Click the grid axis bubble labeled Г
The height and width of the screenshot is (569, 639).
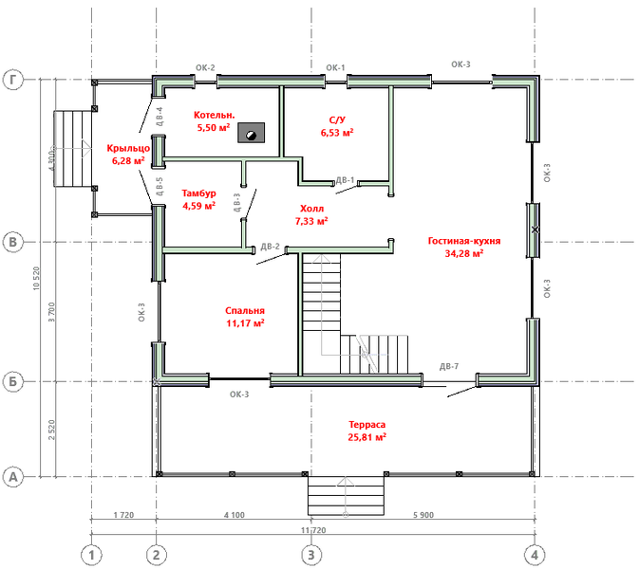(13, 81)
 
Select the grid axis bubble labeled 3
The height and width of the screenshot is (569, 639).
(309, 553)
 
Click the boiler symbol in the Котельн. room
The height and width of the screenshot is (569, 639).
(251, 133)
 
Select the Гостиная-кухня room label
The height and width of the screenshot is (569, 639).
(463, 241)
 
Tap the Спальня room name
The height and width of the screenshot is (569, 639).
(244, 310)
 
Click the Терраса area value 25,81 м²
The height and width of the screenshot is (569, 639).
(366, 438)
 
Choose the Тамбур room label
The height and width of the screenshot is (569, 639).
(198, 193)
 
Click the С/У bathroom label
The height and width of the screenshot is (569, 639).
(337, 120)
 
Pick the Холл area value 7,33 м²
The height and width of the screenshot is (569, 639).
(311, 221)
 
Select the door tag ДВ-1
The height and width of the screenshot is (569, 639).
(346, 179)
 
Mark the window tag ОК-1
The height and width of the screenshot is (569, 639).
(335, 67)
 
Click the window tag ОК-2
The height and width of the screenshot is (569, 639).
(205, 67)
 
